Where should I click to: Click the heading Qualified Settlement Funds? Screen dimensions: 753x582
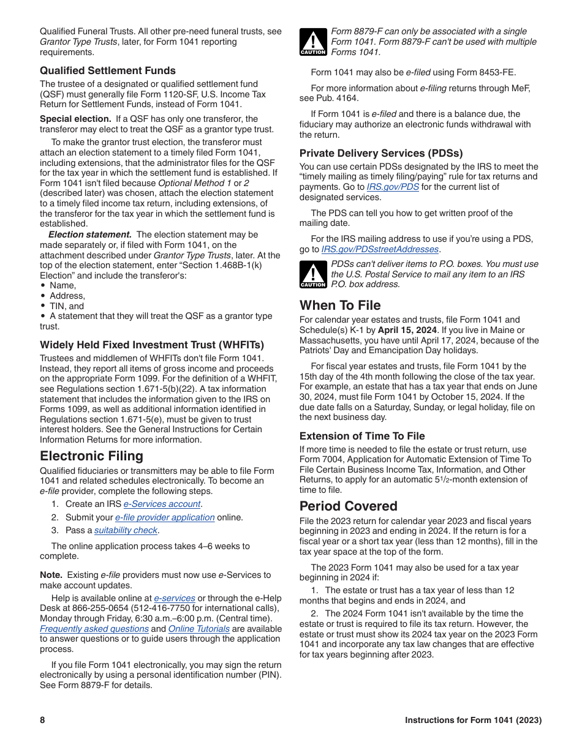coord(108,70)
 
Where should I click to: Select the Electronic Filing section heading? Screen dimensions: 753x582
coord(91,456)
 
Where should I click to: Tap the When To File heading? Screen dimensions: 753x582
coord(340,305)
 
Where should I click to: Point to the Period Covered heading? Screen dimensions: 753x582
coord(348,506)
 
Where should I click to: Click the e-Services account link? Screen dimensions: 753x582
coord(162,504)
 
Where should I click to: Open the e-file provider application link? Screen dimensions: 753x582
coord(165,517)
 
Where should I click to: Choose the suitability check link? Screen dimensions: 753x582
coord(126,530)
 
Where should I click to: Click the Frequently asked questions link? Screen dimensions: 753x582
coord(94,629)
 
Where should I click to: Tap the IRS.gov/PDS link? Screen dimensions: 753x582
coord(393,187)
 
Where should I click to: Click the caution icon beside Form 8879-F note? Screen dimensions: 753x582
coord(313,42)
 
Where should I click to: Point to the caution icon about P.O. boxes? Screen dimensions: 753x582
coord(313,274)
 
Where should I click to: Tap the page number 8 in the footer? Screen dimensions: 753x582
coord(42,720)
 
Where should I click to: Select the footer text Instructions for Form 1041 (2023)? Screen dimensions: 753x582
coord(473,720)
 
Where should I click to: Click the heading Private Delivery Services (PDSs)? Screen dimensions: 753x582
coord(381,153)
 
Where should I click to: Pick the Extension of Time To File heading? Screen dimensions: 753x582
coord(362,436)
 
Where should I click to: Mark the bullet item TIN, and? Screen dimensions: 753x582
coord(67,306)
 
